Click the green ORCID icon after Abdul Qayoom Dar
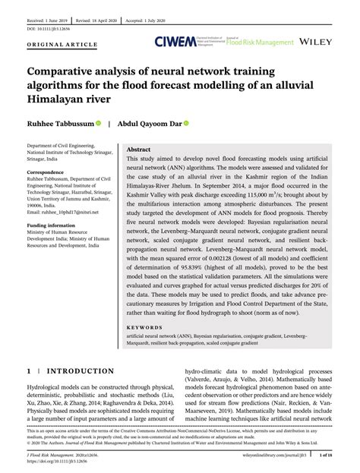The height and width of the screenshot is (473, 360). point(186,122)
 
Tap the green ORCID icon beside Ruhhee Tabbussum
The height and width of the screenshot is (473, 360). point(98,122)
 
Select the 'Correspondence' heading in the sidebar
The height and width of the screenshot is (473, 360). point(48,173)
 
